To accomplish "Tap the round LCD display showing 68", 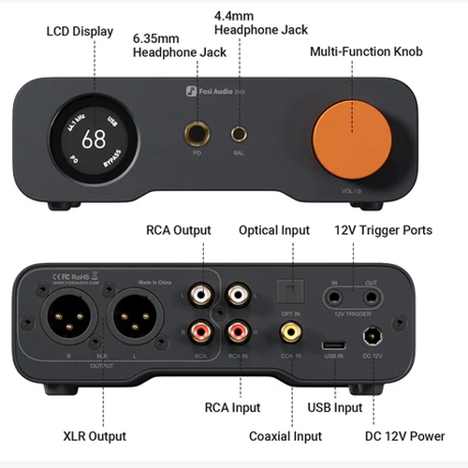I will point(94,141).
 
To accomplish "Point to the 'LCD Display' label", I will point(80,32).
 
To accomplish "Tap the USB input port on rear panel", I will point(332,345).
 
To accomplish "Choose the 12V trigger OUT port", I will point(373,298).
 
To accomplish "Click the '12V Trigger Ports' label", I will point(383,230).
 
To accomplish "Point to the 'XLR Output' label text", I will point(95,436).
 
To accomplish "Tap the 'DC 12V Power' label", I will point(409,436).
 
